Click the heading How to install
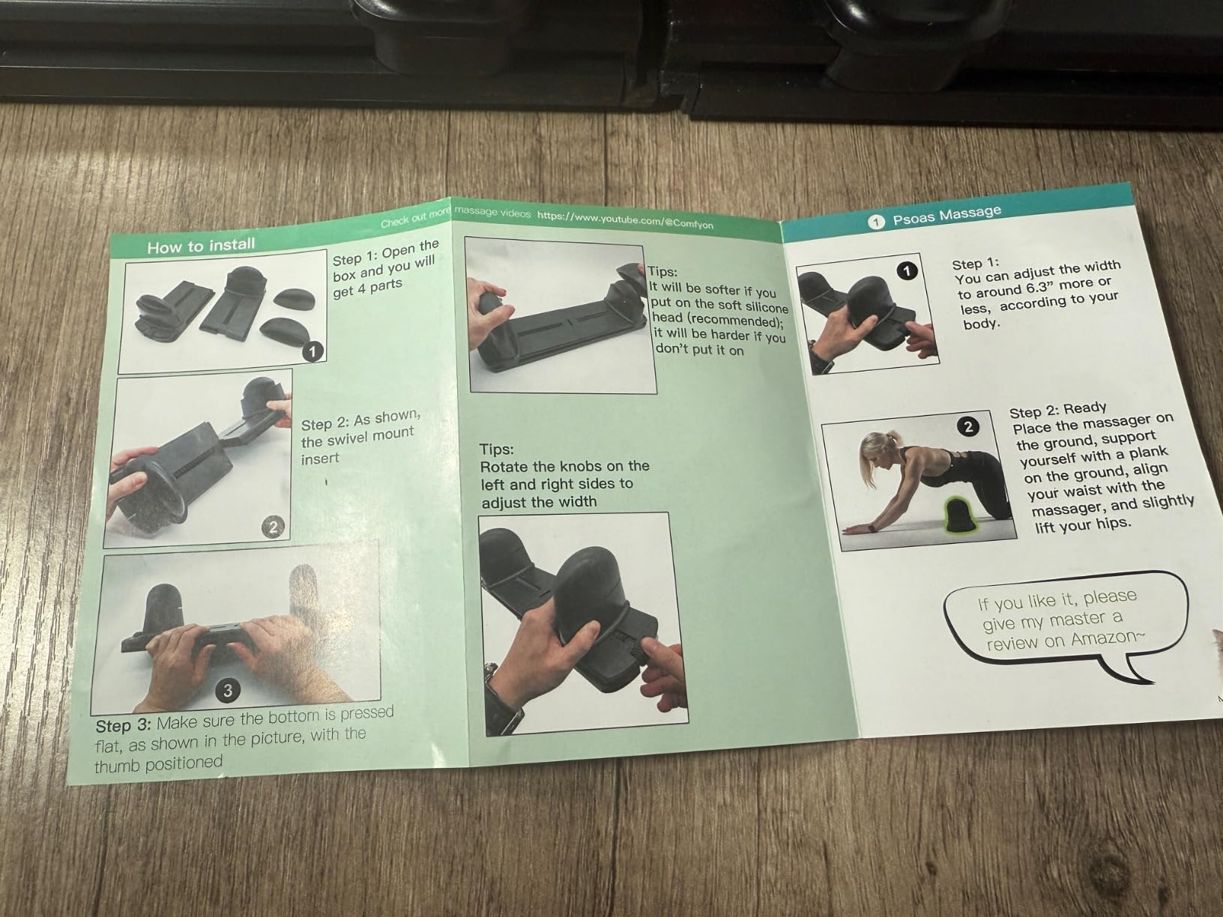(201, 246)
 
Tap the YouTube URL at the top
(625, 219)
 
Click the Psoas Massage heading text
(946, 216)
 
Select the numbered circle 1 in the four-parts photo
(313, 351)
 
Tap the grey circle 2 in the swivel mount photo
(273, 527)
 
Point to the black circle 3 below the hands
(229, 690)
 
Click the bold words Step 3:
(124, 726)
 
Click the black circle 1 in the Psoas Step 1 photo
(908, 270)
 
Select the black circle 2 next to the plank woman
(968, 427)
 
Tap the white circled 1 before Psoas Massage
(876, 222)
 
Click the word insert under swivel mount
(320, 458)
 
